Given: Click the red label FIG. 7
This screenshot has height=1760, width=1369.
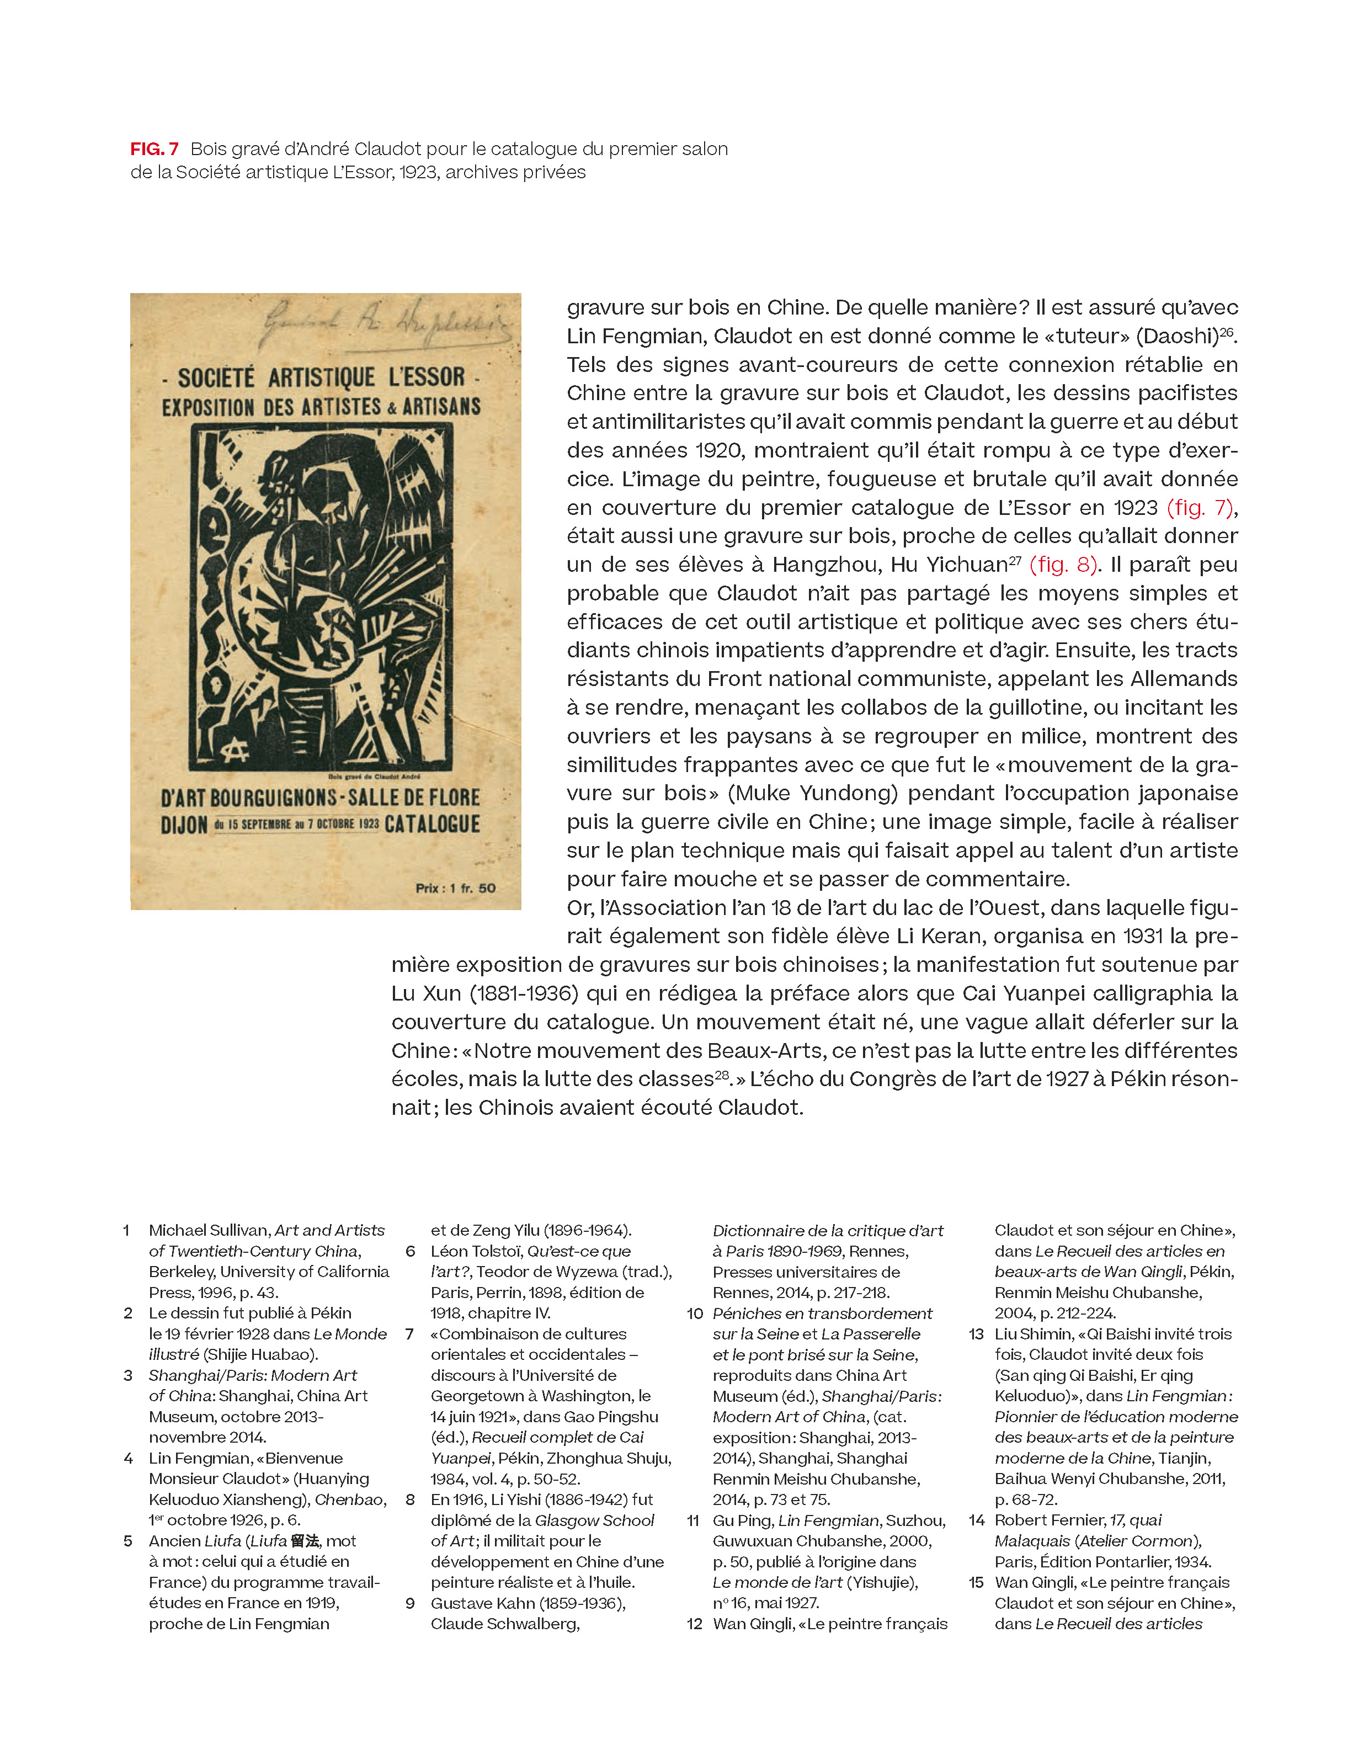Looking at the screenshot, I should click(x=154, y=149).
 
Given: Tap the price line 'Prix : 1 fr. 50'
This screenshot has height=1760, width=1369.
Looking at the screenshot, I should click(x=455, y=888).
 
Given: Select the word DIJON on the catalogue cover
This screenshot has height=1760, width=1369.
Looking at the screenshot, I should click(x=184, y=825).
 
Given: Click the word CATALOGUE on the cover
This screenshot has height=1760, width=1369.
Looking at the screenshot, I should click(x=432, y=825).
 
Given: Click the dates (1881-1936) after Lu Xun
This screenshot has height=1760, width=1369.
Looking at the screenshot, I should click(x=524, y=993).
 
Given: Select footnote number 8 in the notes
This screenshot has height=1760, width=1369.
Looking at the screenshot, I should click(x=410, y=1500).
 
